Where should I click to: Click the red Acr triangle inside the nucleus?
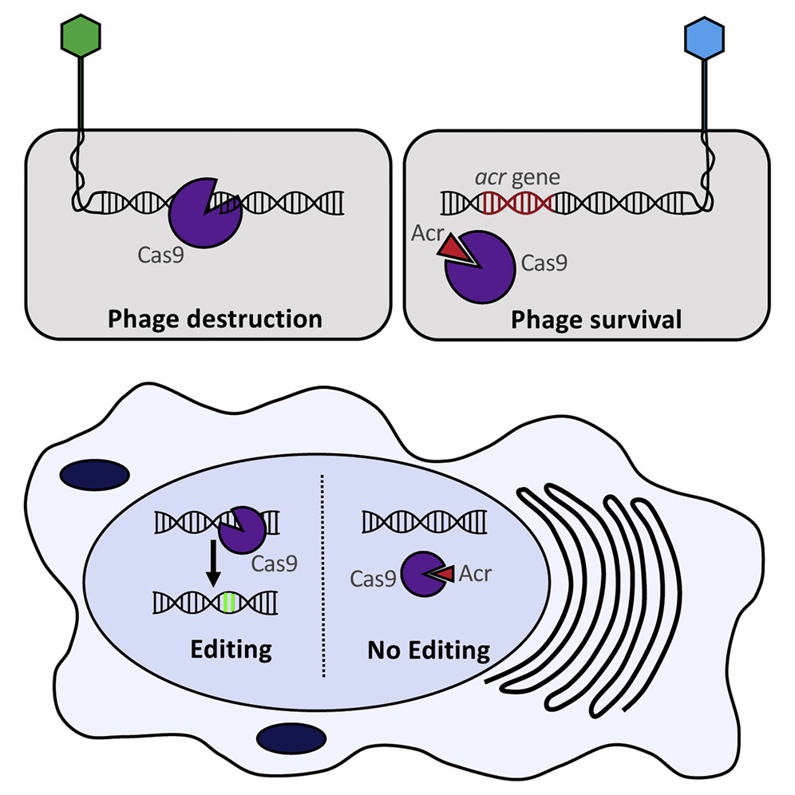pos(444,572)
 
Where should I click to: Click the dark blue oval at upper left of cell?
pos(94,473)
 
